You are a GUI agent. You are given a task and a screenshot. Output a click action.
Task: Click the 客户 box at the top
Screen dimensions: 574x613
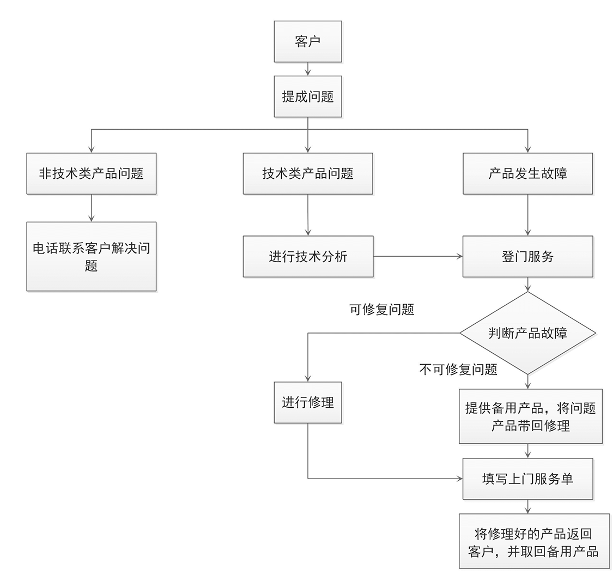308,41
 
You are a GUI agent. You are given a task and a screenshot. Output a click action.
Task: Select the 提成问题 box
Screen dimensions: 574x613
308,96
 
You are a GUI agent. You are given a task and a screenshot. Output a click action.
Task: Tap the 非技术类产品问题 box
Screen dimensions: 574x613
92,173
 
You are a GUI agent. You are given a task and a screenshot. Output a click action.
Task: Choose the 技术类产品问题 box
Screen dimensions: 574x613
308,173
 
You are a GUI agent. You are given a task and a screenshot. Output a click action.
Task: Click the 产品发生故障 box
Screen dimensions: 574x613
527,173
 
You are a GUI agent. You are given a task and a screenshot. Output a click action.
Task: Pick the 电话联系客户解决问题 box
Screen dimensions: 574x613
92,256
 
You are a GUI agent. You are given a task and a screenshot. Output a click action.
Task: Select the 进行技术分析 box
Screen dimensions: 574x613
308,256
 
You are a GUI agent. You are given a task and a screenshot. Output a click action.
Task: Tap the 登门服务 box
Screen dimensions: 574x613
527,256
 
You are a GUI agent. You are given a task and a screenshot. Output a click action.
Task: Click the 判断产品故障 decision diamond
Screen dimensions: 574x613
527,333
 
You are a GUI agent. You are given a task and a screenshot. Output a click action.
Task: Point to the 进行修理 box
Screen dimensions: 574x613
308,402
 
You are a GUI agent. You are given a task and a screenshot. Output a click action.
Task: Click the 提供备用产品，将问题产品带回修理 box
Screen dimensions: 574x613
530,416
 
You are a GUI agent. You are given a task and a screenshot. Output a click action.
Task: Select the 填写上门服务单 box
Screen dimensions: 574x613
527,479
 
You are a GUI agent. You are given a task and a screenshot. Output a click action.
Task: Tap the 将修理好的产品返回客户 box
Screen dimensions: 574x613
534,541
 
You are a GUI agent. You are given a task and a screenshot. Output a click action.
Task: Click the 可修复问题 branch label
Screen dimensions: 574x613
381,310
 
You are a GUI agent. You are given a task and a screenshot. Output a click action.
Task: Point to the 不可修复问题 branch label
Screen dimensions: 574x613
458,370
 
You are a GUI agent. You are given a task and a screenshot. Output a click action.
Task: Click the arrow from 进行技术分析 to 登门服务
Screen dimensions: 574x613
418,256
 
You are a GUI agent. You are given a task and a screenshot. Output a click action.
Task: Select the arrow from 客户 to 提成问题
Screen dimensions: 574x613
308,69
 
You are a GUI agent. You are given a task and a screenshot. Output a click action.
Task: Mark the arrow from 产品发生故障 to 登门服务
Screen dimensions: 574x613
527,215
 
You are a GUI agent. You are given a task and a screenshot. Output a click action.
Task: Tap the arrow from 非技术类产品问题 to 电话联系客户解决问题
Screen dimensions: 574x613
92,208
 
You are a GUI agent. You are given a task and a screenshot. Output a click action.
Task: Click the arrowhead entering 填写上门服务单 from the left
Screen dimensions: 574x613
459,479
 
